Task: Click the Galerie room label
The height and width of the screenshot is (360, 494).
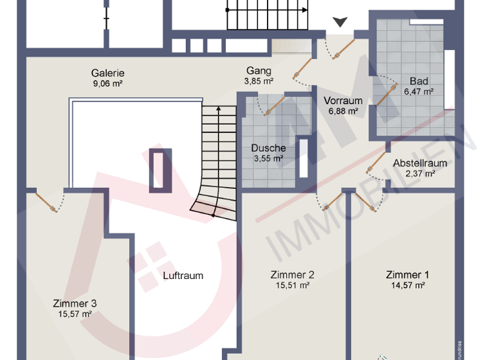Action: pos(107,73)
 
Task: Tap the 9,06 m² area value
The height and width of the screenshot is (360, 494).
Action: pos(107,83)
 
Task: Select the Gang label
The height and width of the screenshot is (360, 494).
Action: pos(259,71)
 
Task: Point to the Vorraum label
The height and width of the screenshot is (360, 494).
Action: pos(343,101)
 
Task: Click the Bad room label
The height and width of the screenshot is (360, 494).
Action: pos(418,82)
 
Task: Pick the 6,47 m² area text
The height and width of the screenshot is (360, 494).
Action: pos(418,92)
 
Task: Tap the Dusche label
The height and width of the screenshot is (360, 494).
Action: pos(268,148)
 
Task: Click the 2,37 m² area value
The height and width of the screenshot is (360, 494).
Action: pos(420,173)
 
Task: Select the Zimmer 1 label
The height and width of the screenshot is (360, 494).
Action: pos(407,274)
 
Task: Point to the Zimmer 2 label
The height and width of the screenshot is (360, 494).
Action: pos(293,274)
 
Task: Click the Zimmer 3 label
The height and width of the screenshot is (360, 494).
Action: pos(75,303)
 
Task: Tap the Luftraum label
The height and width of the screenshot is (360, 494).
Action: pos(183,275)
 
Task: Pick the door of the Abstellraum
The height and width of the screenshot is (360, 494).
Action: pos(376,163)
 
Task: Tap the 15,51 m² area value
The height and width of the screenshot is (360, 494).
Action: pos(293,285)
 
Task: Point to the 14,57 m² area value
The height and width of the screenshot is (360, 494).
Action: pos(407,285)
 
